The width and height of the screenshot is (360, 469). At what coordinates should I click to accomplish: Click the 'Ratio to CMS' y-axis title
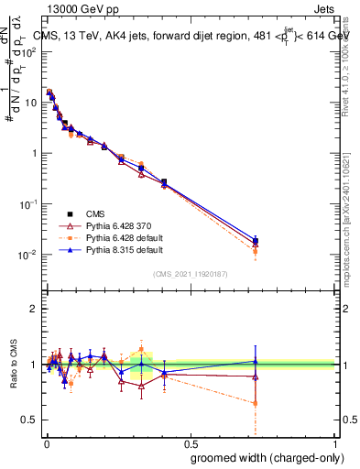click(x=14, y=365)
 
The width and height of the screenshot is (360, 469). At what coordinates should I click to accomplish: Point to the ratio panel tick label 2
click(x=33, y=309)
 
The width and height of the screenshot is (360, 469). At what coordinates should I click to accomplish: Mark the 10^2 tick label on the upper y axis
click(x=29, y=51)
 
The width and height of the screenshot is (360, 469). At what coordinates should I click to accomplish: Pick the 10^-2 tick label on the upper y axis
click(x=29, y=255)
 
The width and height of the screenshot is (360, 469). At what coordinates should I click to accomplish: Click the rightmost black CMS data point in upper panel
click(x=256, y=241)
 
